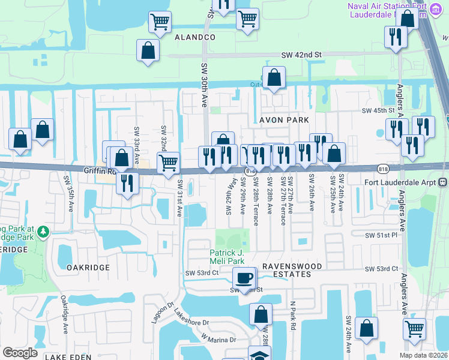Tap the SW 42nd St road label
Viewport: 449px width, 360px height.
pyautogui.click(x=302, y=55)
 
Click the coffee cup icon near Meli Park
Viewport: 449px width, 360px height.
pyautogui.click(x=244, y=278)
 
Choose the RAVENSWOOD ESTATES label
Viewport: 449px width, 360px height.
pyautogui.click(x=286, y=270)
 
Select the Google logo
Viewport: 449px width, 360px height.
pyautogui.click(x=20, y=353)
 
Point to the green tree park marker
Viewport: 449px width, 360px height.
pyautogui.click(x=43, y=231)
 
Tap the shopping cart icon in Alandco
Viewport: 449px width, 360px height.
pyautogui.click(x=160, y=22)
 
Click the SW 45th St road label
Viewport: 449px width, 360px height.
pyautogui.click(x=378, y=110)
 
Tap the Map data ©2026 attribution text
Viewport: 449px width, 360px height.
pyautogui.click(x=423, y=355)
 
